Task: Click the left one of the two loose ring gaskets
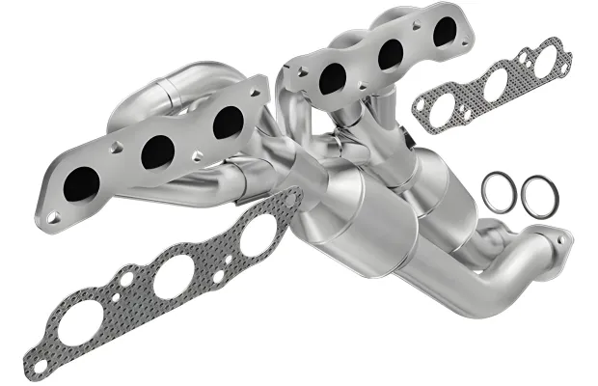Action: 498,193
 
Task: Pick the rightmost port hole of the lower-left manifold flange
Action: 229,122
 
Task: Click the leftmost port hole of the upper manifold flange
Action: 334,78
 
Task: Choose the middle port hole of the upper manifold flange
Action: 391,54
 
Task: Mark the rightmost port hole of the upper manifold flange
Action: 445,30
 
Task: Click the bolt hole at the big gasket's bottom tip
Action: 39,366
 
